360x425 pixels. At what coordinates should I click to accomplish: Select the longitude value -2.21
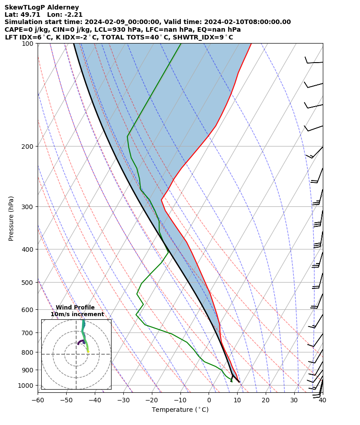pyautogui.click(x=73, y=15)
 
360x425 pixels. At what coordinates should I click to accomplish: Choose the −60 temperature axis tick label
pyautogui.click(x=38, y=400)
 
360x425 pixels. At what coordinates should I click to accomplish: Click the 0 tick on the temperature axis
pyautogui.click(x=209, y=400)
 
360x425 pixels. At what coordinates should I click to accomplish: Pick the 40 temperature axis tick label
pyautogui.click(x=322, y=400)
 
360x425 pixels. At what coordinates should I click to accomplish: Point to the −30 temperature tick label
pyautogui.click(x=123, y=400)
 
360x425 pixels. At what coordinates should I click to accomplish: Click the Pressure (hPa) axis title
pyautogui.click(x=11, y=218)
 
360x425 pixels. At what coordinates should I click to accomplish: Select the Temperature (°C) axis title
pyautogui.click(x=180, y=410)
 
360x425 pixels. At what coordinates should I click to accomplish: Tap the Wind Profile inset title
pyautogui.click(x=75, y=308)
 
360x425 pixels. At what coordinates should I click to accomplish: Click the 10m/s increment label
pyautogui.click(x=77, y=314)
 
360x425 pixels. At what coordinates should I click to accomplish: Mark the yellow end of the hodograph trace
pyautogui.click(x=88, y=352)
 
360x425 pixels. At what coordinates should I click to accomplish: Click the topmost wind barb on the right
pyautogui.click(x=313, y=61)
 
